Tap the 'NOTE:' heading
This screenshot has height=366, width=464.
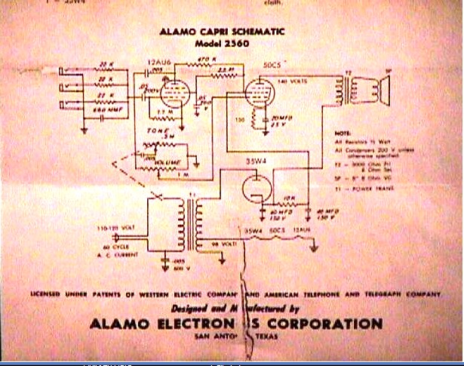point(343,131)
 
